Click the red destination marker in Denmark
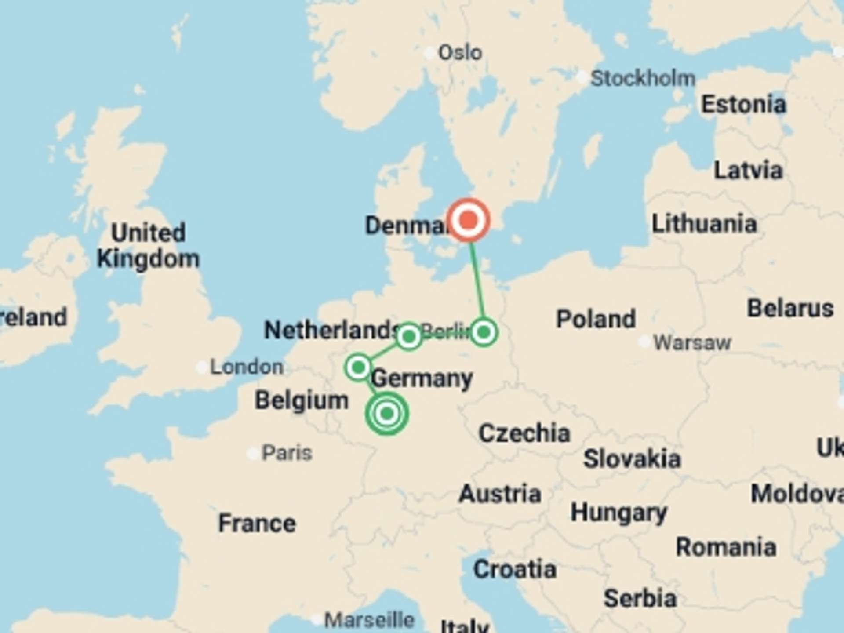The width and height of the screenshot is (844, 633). coord(469,219)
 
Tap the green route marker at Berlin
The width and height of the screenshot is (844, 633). coord(484,332)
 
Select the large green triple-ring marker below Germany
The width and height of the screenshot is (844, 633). coord(387,413)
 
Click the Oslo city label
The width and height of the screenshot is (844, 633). coord(460,53)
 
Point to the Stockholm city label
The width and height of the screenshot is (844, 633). coord(643,79)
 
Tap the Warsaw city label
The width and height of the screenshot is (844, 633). coord(692,342)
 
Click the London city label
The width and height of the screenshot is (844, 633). coord(247,367)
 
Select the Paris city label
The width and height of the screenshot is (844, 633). coord(287,453)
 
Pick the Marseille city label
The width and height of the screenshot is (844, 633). coord(369,620)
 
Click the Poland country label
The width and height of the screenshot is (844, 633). coord(596,319)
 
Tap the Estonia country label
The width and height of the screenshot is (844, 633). coord(743,105)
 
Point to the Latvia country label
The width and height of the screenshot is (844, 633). coord(748,171)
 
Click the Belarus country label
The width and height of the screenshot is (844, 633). coord(790,308)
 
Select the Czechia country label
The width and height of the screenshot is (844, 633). coord(524,433)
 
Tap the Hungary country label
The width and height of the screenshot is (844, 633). coord(618,513)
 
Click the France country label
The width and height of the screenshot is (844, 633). coord(257,523)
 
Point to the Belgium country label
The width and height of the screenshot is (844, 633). coord(302,400)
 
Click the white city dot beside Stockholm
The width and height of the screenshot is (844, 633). coord(582,78)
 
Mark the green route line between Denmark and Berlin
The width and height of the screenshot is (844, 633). coord(477,281)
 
